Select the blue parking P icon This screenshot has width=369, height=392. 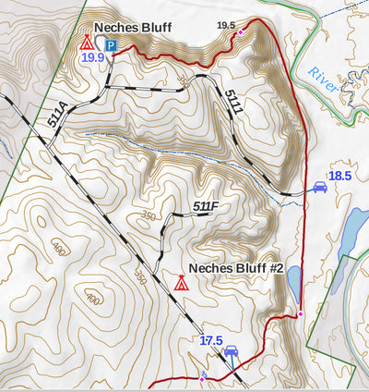coord(111,45)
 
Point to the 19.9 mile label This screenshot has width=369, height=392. coord(92,57)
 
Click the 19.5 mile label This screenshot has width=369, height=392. coord(225,25)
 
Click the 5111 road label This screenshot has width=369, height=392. coord(233,102)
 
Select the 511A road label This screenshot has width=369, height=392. coord(56,119)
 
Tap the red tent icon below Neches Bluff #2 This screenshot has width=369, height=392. coord(181,282)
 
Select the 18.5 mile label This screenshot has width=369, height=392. coord(340,176)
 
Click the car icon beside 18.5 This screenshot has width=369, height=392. coord(319,187)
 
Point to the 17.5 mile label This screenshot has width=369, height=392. coord(210,340)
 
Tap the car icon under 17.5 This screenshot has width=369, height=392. coord(232,352)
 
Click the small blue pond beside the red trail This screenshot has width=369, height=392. coord(293,279)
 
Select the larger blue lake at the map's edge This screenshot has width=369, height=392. coord(354,231)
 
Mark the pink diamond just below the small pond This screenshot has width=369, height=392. coord(300,315)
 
